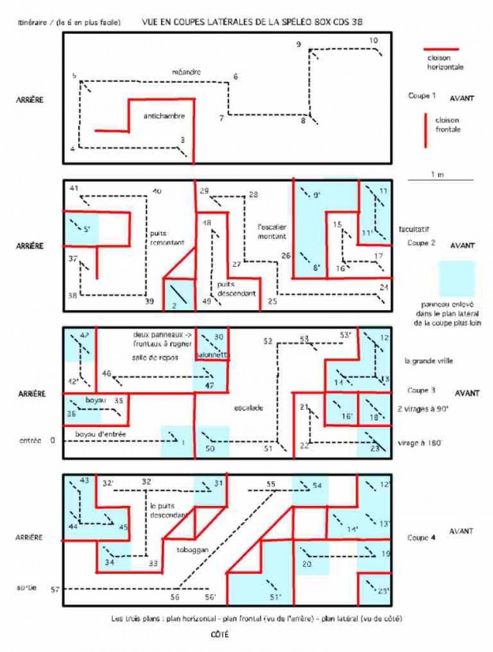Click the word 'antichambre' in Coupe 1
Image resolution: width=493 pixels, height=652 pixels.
[164, 116]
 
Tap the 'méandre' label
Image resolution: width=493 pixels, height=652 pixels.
[186, 73]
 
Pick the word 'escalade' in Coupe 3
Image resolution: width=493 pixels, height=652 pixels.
[247, 408]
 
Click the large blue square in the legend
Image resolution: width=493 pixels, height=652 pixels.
[457, 278]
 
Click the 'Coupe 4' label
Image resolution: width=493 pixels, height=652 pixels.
[422, 538]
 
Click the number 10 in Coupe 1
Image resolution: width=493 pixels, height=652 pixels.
[373, 39]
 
